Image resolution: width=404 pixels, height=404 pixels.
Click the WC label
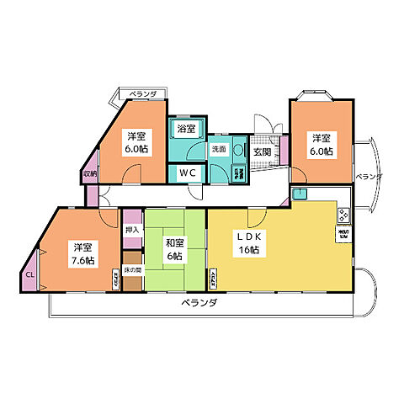click(187, 173)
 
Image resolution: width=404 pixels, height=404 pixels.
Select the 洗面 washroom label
click(218, 149)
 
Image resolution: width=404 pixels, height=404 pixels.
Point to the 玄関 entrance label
click(263, 153)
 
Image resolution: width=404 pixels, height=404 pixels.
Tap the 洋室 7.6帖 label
click(82, 254)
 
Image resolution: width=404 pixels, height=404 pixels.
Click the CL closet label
click(29, 274)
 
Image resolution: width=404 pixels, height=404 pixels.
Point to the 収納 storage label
click(89, 173)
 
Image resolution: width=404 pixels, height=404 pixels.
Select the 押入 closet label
click(131, 229)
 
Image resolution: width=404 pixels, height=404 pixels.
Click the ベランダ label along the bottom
click(200, 303)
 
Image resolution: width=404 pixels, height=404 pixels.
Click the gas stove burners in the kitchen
click(343, 215)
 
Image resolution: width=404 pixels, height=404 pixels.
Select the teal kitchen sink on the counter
click(300, 194)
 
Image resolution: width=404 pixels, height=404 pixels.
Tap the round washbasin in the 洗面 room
click(238, 151)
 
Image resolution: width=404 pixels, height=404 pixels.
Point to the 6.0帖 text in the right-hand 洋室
click(320, 151)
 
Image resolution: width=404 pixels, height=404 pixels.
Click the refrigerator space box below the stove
click(344, 233)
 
